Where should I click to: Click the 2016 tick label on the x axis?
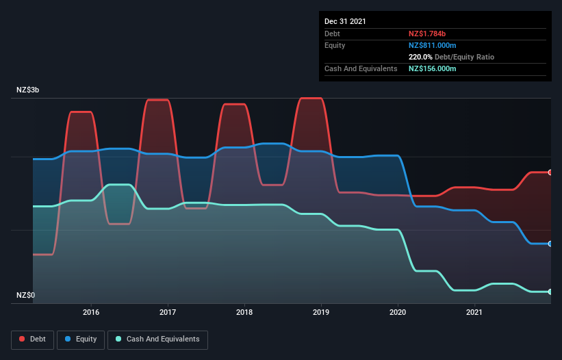point(91,313)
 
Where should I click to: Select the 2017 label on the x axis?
point(168,313)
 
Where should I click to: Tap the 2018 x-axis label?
point(244,313)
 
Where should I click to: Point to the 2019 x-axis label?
point(321,313)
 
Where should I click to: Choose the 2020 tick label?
point(398,313)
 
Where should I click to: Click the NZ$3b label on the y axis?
point(31,90)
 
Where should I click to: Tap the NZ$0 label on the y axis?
point(27,296)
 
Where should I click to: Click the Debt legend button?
point(33,339)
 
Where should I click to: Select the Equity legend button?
point(81,339)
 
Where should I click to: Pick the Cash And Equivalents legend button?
point(157,339)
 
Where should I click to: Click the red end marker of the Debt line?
point(550,172)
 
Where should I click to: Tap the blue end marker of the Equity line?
point(550,244)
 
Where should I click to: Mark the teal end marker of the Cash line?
point(550,292)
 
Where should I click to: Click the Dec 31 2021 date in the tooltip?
point(345,21)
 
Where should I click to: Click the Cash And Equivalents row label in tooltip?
point(361,68)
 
